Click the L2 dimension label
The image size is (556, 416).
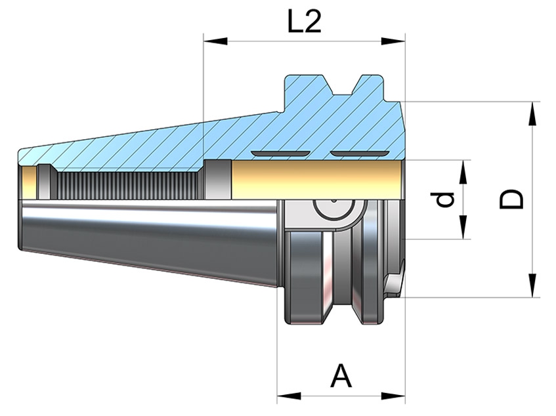point(304,21)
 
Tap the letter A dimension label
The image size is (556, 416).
point(341,375)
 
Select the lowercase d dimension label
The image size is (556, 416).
point(444,199)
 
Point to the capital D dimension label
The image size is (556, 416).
point(511,199)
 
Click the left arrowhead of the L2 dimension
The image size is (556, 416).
point(215,41)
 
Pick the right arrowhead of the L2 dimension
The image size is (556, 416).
point(393,41)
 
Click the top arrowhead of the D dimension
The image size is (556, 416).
point(532,114)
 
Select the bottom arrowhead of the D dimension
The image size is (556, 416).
point(532,285)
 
